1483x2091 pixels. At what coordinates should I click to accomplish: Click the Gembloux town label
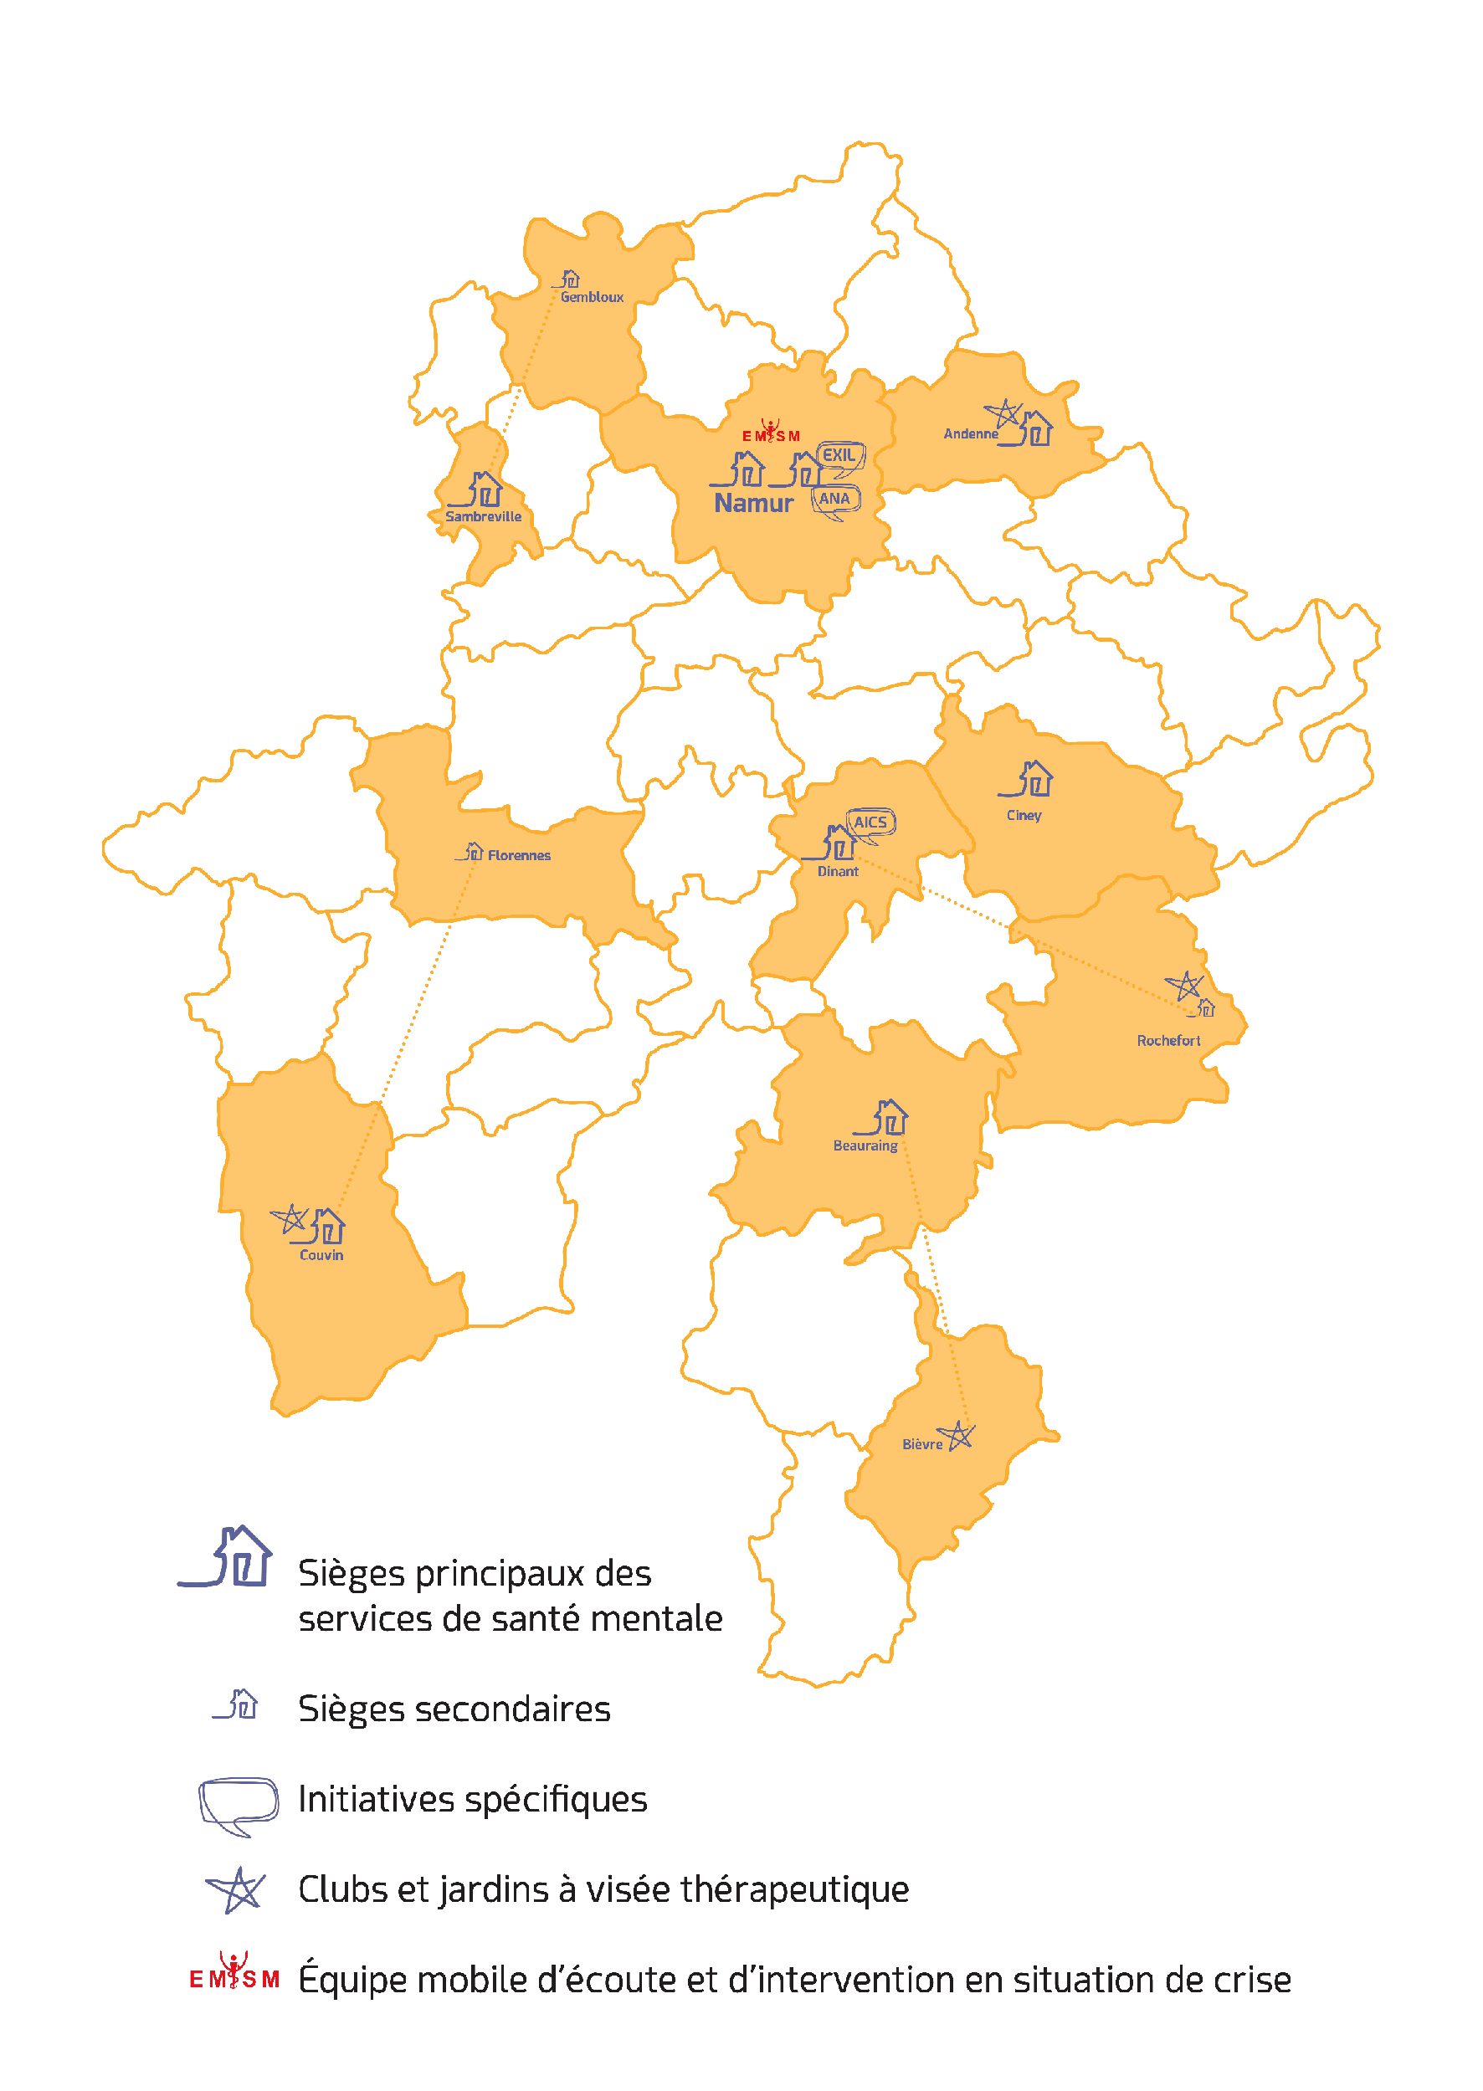[592, 297]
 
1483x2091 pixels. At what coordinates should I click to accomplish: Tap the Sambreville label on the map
[483, 517]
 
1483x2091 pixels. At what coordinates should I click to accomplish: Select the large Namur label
[753, 503]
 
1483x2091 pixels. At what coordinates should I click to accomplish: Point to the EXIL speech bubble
[839, 458]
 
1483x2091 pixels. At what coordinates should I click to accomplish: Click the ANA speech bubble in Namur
[834, 500]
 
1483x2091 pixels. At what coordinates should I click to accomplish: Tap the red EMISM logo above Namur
[771, 432]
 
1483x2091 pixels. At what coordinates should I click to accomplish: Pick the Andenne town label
[970, 433]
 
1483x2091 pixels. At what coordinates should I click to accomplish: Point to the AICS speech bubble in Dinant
[870, 823]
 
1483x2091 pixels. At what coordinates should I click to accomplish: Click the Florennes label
[519, 856]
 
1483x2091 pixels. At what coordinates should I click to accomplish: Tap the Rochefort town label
[1168, 1040]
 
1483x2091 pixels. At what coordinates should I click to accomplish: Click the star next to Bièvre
[957, 1437]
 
